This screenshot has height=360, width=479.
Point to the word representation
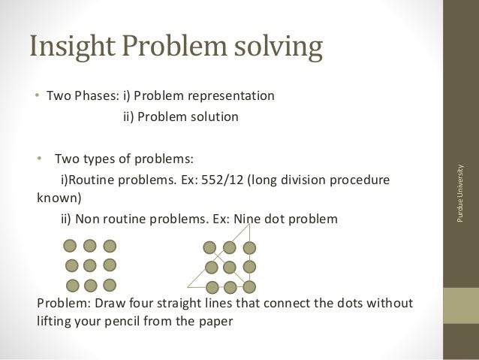click(x=234, y=96)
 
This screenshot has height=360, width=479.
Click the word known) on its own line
click(x=59, y=200)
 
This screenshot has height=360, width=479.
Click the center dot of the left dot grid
click(x=90, y=265)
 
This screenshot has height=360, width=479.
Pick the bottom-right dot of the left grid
click(x=110, y=284)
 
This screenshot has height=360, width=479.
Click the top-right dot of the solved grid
click(x=249, y=247)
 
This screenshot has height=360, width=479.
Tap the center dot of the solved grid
click(x=230, y=266)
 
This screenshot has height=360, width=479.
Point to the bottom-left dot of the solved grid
click(x=212, y=286)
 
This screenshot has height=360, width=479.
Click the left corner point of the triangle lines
click(x=188, y=286)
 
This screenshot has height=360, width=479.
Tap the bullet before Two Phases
click(x=38, y=97)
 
